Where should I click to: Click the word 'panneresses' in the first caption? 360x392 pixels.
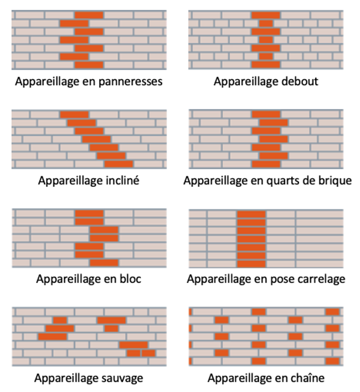[x=131, y=82]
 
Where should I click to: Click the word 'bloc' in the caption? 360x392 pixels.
[x=130, y=278]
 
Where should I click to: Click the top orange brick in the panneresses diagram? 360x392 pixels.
[x=89, y=15]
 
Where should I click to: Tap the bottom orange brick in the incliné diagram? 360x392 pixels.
[x=119, y=164]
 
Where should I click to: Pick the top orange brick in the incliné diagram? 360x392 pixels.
[x=74, y=115]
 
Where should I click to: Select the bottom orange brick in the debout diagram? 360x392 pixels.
[x=266, y=65]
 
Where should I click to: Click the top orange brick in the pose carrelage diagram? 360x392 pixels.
[x=251, y=214]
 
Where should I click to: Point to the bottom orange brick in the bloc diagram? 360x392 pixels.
[x=104, y=263]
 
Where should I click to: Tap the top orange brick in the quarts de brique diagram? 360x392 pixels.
[x=266, y=114]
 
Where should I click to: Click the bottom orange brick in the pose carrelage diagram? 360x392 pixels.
[x=251, y=264]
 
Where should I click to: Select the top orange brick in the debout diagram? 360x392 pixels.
[x=266, y=15]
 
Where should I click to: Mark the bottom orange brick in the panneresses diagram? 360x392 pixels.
[x=89, y=65]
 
